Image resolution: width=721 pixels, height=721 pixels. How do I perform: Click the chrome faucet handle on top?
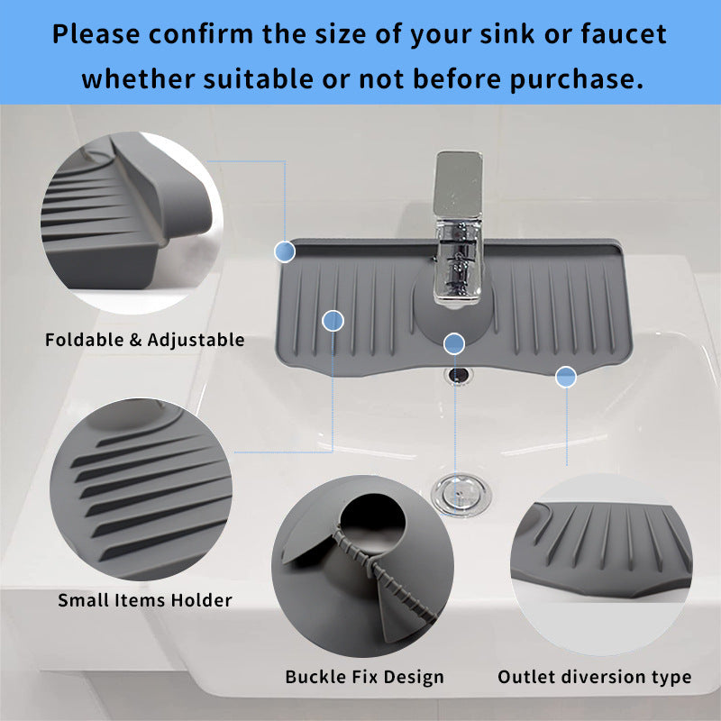(459, 185)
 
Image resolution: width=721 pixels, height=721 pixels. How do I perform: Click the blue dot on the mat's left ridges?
(333, 320)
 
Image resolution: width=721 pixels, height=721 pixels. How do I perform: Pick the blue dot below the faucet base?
(454, 342)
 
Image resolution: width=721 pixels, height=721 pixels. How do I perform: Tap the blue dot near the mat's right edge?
(566, 377)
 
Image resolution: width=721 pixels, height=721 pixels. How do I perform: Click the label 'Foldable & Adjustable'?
(145, 340)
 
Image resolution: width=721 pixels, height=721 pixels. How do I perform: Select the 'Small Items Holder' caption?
(145, 599)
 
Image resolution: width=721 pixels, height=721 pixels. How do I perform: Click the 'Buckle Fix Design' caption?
(364, 677)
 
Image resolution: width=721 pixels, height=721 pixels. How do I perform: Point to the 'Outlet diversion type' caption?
(595, 677)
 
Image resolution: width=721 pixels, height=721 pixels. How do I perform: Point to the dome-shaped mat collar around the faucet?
(455, 320)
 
